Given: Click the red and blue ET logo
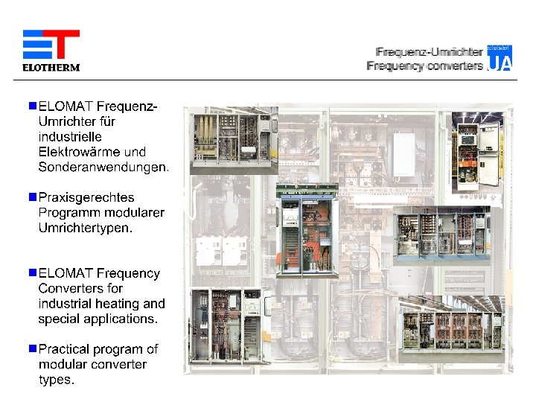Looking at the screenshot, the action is [x=51, y=45].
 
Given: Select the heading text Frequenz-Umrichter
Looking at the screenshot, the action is [x=430, y=52].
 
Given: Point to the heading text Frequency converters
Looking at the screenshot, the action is [x=424, y=66].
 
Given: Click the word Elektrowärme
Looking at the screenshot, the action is [x=75, y=152].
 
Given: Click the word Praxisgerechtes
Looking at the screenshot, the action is [x=86, y=198].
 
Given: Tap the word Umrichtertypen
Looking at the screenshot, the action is [x=85, y=229].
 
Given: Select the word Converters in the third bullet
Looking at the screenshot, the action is [x=70, y=288].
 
